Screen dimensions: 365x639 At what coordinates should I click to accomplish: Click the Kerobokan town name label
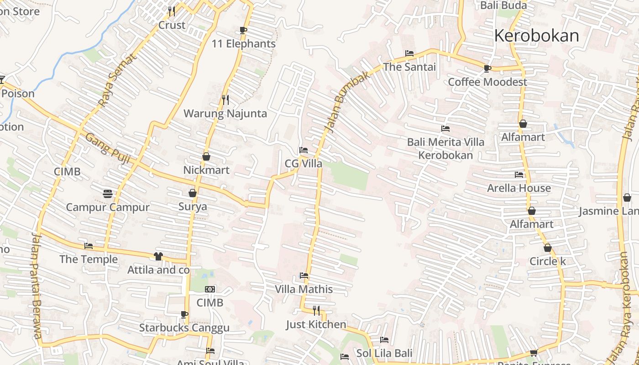536,36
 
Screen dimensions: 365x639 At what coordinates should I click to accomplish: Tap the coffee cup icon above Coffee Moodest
487,68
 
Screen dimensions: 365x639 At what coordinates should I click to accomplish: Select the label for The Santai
409,67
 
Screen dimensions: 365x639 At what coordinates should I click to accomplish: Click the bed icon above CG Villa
303,150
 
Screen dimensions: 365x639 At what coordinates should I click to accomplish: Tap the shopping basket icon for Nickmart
206,156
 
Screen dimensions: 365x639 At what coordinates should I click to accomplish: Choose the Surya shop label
192,207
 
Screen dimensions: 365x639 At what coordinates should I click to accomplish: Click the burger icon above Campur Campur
108,194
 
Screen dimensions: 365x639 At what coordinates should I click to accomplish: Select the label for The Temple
89,260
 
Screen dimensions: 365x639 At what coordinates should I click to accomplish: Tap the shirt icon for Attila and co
158,256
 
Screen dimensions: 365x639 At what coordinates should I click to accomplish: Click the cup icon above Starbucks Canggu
184,314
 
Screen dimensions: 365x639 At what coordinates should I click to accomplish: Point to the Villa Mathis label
304,289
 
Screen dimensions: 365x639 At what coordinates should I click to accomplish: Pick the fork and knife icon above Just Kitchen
316,311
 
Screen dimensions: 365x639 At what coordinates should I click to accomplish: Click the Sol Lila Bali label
384,353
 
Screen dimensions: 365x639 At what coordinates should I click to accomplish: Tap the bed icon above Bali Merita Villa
445,129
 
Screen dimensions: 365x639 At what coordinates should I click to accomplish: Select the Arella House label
519,188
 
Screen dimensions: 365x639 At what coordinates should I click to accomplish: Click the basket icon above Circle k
547,248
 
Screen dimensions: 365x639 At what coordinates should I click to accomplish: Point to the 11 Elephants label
243,44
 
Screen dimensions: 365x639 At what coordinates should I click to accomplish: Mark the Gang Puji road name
108,149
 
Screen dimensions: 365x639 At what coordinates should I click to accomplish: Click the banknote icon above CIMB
210,289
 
